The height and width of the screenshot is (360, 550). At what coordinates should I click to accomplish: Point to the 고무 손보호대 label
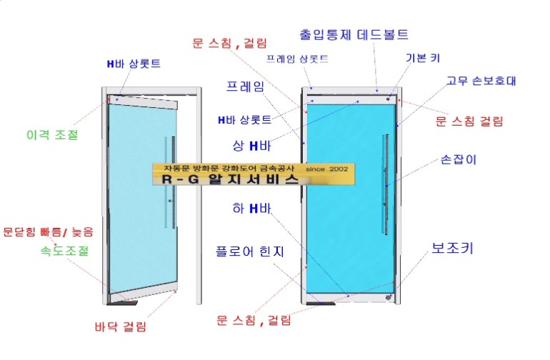[481, 81]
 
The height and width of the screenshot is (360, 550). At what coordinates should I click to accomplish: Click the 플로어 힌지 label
[251, 251]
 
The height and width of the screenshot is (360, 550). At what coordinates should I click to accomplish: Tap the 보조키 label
[453, 249]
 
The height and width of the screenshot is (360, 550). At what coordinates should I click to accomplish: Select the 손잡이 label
[459, 159]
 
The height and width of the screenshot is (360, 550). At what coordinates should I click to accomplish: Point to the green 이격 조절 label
[51, 134]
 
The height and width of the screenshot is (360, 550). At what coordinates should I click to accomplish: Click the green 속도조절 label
[64, 251]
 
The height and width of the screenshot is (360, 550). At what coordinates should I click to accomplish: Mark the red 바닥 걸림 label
[121, 327]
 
